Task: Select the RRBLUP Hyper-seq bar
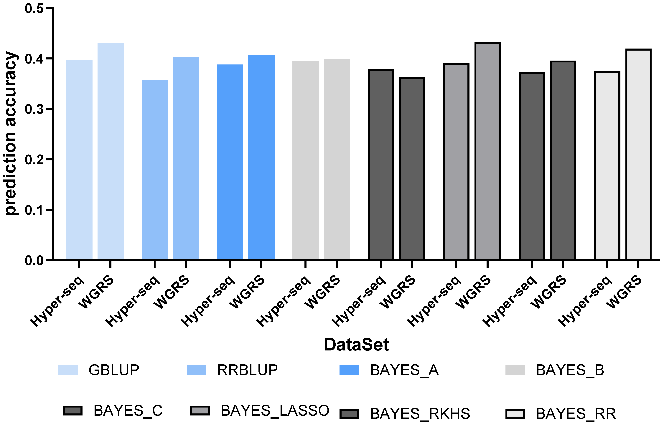155,169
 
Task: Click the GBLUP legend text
114,370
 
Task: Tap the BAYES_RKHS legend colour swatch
349,413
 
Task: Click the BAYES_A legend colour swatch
349,370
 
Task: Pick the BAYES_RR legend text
576,413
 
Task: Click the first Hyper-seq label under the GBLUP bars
58,302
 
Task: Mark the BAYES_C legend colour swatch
73,410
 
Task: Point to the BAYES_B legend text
570,370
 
